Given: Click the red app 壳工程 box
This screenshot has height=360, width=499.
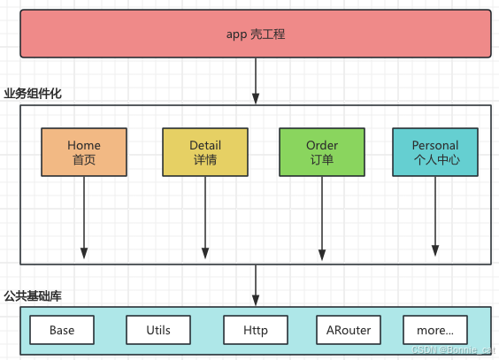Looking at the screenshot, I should [255, 34].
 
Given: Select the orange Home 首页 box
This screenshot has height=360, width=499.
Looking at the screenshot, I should [84, 152].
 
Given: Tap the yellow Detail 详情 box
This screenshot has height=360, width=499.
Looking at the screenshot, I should [205, 152].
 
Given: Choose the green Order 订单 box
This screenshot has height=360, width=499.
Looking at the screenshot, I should [322, 152].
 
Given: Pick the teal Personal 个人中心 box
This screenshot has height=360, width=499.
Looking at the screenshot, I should [435, 152].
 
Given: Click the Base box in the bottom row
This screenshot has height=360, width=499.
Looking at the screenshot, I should [62, 331].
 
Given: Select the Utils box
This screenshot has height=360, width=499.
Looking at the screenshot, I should [159, 331].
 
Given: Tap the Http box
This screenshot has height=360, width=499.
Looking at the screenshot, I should [256, 331].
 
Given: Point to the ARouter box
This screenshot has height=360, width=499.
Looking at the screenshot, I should [349, 331].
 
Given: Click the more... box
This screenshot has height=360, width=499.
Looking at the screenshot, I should [435, 331].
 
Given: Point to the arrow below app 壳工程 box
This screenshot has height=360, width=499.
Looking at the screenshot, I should [256, 81].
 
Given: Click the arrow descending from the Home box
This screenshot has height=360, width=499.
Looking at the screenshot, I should [84, 217].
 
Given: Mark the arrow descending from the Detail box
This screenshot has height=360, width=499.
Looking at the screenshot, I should [205, 217].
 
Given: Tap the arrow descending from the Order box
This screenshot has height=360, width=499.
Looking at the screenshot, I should [322, 217].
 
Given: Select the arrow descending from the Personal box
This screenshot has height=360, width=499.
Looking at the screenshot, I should [435, 217].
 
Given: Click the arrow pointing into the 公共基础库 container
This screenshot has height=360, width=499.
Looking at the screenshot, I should [256, 285].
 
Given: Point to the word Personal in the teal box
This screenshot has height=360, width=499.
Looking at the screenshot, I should [435, 145].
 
